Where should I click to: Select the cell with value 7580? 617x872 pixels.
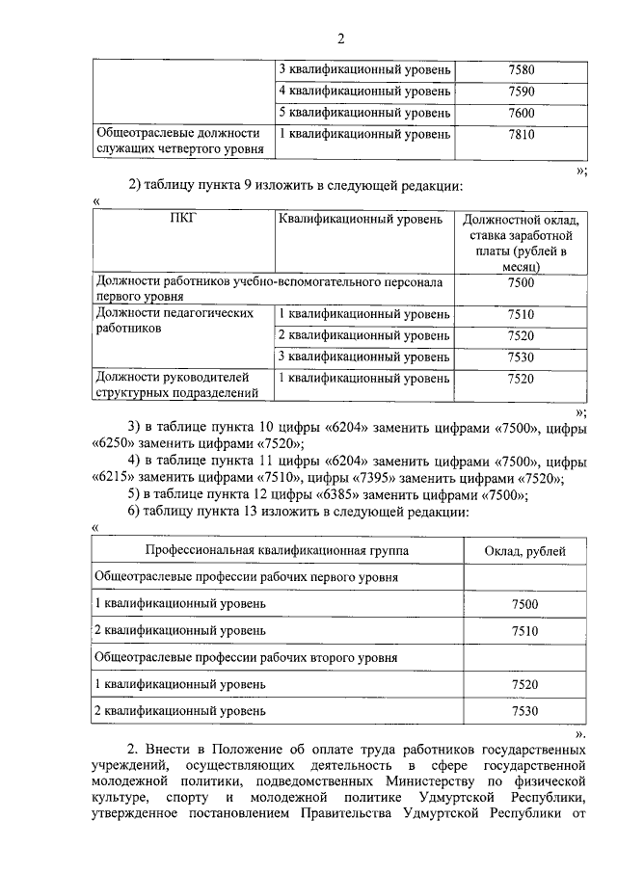(521, 70)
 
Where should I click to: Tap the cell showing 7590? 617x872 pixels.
(521, 92)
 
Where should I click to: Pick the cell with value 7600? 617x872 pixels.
(521, 113)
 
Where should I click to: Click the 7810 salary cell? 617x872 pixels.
(521, 135)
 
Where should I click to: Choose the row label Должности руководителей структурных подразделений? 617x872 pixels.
(178, 385)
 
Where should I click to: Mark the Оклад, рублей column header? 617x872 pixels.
(524, 550)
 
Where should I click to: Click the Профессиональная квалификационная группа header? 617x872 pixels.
(276, 550)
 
